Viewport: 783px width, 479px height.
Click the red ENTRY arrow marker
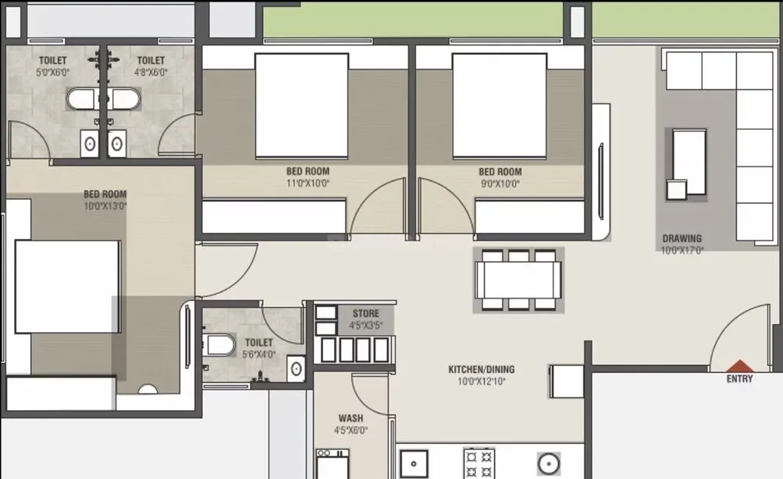point(739,366)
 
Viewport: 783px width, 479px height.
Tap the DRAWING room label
point(682,238)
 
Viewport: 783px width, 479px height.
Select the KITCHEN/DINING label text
point(481,370)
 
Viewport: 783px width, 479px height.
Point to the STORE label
point(365,314)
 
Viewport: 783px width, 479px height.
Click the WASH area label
point(351,418)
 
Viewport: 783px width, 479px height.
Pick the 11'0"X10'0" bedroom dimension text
point(307,184)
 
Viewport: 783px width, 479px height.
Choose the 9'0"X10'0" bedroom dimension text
point(499,184)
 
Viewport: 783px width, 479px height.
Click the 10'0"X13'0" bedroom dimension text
point(105,206)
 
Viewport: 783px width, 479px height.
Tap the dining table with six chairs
point(518,280)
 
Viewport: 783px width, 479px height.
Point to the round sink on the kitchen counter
point(550,462)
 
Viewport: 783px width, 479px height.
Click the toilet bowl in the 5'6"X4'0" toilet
point(219,345)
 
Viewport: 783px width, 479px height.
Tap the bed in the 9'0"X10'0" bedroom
point(500,105)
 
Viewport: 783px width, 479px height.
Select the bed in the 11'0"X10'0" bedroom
point(301,105)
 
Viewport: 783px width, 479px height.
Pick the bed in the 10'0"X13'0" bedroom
point(68,286)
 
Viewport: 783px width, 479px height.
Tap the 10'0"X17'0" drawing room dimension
point(682,251)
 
